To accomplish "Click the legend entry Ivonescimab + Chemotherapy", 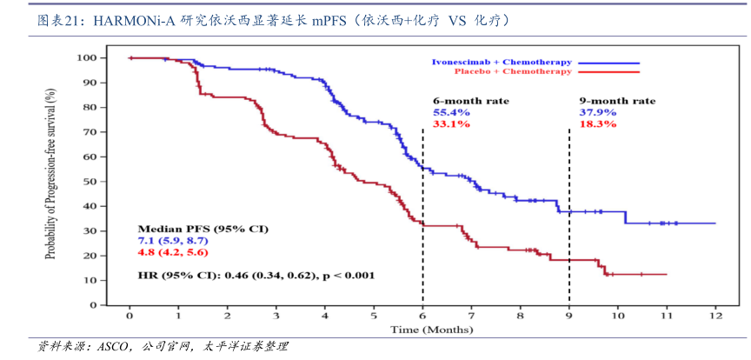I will click(x=502, y=63).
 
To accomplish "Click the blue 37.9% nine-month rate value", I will click(x=598, y=112).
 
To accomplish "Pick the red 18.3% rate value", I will click(x=598, y=123).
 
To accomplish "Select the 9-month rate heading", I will click(x=617, y=101).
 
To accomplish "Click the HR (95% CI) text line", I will click(x=256, y=276).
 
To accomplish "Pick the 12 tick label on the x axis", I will click(x=715, y=315).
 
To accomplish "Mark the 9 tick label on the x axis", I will click(x=569, y=315).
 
